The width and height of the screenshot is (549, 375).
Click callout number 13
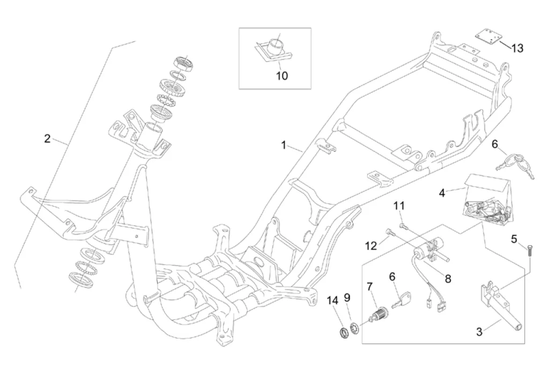(x=517, y=48)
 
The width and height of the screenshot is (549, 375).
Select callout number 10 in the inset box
(x=281, y=76)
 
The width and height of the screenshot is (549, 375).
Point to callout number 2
(x=47, y=139)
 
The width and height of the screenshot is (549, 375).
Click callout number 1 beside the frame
(x=284, y=145)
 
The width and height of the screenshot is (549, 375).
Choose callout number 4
(x=442, y=192)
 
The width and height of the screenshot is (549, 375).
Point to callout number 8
(x=448, y=279)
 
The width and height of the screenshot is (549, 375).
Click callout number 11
(x=399, y=206)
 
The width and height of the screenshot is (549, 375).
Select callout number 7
(x=369, y=286)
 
